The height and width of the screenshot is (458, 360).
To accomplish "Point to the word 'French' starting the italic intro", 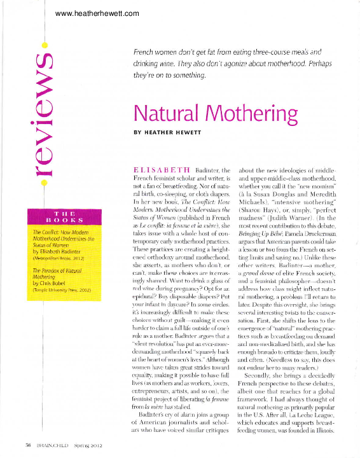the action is click(147, 50).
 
